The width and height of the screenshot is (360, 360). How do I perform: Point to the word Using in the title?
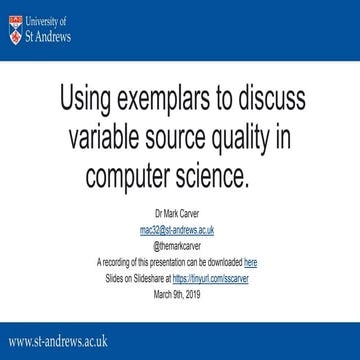88,100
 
